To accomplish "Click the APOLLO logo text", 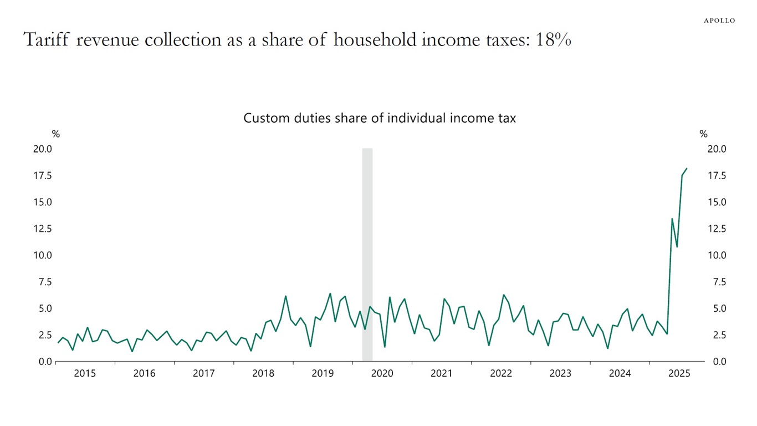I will (x=719, y=21).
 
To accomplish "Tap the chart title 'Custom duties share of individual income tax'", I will (x=380, y=118).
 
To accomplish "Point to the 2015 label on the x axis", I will (x=85, y=374).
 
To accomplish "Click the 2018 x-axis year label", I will (x=263, y=374).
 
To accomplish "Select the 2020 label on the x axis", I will (x=382, y=374).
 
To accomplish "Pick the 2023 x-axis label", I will (x=560, y=374).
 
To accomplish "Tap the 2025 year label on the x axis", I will (x=679, y=374).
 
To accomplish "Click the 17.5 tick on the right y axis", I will (x=717, y=176).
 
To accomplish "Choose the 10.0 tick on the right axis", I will (x=717, y=255).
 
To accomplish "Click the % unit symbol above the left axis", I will (x=55, y=134).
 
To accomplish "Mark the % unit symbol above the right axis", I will (x=703, y=134).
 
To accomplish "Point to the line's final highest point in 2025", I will (x=687, y=168).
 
